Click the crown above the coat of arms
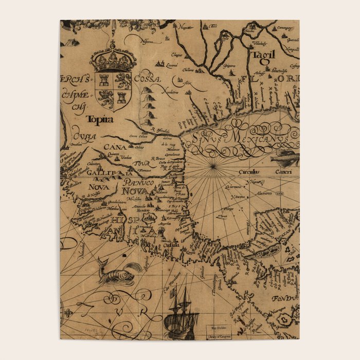[113, 58]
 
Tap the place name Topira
[100, 119]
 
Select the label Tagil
[263, 55]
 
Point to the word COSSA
[148, 79]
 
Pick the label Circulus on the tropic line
[249, 172]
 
